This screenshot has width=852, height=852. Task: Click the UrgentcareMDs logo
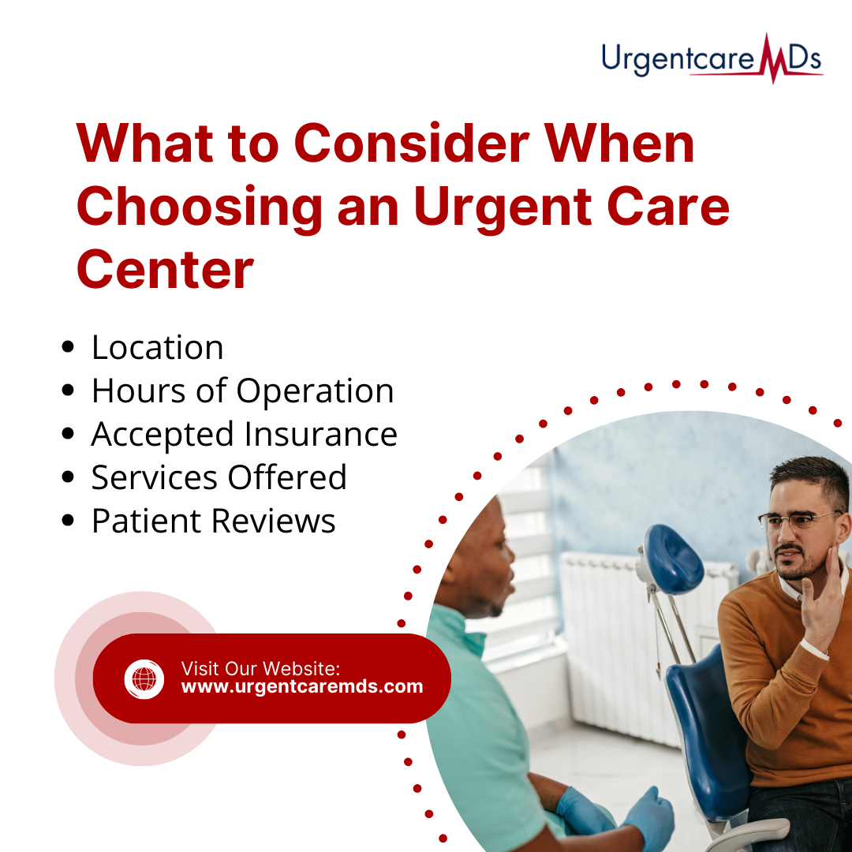[712, 58]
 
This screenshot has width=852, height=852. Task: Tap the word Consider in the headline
[412, 144]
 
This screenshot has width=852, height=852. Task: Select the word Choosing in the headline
[200, 208]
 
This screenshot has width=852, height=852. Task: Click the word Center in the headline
[165, 270]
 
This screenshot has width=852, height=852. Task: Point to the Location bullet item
[157, 347]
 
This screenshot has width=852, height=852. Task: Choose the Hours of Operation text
[242, 390]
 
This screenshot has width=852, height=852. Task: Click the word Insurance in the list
[320, 434]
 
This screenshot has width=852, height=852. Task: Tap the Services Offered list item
[219, 477]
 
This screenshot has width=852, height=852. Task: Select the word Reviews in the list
[273, 521]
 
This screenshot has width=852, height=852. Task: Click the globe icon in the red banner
[144, 678]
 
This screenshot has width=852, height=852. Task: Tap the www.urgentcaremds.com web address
[302, 687]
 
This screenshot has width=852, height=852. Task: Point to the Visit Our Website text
[260, 668]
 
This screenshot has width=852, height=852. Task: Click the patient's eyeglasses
[798, 521]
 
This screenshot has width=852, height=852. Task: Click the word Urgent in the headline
[503, 208]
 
